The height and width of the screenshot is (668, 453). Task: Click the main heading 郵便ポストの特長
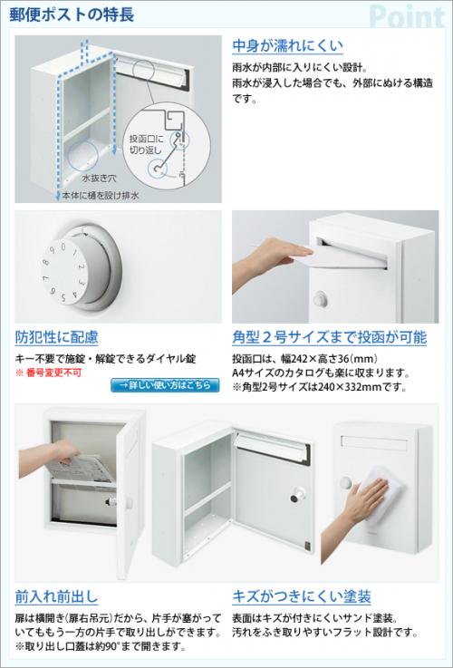coord(72,15)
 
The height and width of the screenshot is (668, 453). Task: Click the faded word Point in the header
coord(407,17)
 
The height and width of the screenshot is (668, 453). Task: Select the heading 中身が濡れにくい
coord(287,45)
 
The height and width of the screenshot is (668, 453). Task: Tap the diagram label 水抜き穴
coord(99,179)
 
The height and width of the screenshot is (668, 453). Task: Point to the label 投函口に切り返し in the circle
coord(146,144)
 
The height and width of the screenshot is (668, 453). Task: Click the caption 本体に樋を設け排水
coord(101,196)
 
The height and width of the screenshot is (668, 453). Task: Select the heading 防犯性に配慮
coord(56,337)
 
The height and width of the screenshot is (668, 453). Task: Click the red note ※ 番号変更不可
coord(48,373)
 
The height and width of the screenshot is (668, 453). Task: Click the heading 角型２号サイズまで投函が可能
coord(330,337)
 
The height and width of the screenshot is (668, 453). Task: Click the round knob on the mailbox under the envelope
coord(320,299)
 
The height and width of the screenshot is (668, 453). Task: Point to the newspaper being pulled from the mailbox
coord(80,470)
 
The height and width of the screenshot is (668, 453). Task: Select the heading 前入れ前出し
coord(56,596)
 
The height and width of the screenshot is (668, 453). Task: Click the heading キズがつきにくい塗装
coord(302,596)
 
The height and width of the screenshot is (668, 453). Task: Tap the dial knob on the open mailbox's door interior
coord(297,495)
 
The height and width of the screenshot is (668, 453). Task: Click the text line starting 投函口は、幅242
coord(304,358)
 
